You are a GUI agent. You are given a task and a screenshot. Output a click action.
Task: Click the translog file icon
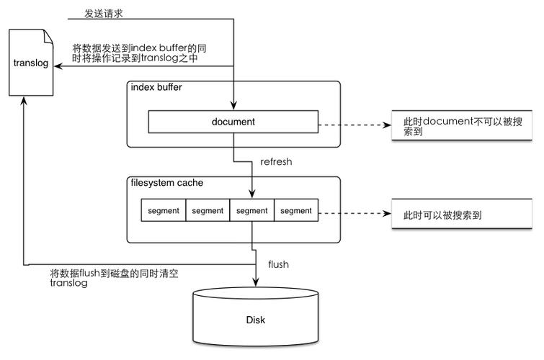click(x=31, y=63)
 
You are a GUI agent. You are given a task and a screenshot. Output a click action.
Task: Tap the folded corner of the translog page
click(x=47, y=34)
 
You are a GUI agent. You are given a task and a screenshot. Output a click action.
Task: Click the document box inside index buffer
click(x=233, y=122)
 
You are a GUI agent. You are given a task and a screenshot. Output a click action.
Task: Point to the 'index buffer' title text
click(x=156, y=87)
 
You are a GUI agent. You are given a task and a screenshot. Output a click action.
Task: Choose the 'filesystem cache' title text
click(x=166, y=183)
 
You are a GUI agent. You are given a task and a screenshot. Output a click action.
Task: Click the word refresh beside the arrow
click(x=276, y=161)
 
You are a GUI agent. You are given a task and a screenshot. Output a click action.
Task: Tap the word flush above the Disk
click(x=278, y=264)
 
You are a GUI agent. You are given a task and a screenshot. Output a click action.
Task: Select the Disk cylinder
click(x=256, y=317)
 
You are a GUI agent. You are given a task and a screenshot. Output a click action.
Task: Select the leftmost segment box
click(x=163, y=211)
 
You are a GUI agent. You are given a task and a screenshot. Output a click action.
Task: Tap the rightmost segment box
click(x=295, y=211)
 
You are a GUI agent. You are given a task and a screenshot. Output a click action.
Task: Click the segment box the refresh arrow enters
click(x=251, y=211)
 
